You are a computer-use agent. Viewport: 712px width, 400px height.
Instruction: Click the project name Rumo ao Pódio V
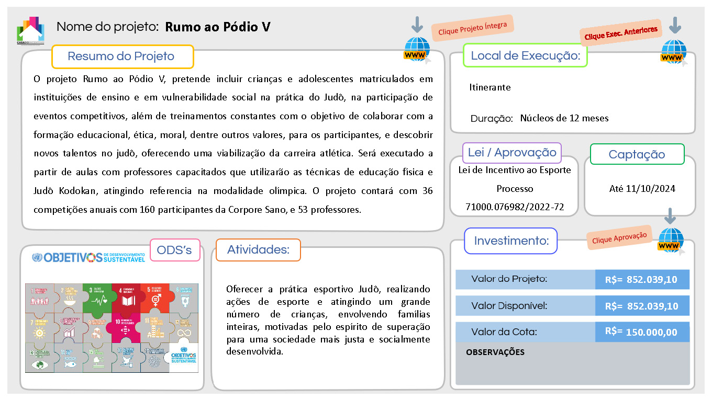(218, 27)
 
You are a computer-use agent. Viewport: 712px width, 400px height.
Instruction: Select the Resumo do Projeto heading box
(123, 56)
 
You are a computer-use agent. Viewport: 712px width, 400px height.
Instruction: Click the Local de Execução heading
(525, 55)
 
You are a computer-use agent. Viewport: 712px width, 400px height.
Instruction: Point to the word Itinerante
(489, 87)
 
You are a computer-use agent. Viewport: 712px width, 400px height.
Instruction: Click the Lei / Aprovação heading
(512, 153)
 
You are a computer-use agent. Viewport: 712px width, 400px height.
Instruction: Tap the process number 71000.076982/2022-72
(515, 207)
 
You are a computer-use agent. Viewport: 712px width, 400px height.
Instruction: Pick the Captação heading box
(637, 154)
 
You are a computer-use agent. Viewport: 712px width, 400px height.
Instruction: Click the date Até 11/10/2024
(642, 189)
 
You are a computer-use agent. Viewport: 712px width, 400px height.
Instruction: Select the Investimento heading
(511, 241)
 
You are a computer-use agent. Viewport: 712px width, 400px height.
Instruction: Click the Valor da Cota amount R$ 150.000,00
(642, 332)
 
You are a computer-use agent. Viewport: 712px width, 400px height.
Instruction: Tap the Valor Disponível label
(509, 306)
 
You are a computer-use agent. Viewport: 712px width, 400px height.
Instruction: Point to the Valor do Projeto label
(509, 279)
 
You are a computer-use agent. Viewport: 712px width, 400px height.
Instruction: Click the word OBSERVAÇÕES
(495, 352)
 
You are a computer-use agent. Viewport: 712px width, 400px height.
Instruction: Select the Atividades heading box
(258, 250)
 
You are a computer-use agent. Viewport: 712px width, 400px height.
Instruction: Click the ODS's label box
(175, 250)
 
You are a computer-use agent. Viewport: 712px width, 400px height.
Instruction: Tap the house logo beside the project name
(31, 30)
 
